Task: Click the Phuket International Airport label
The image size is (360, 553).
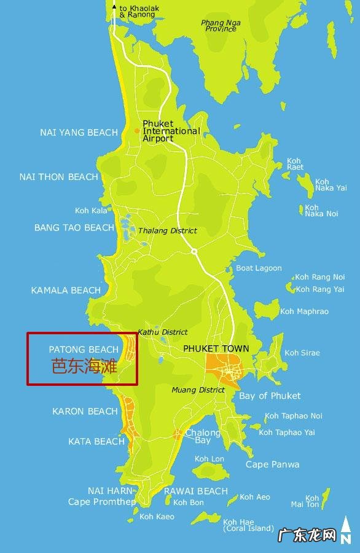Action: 171,131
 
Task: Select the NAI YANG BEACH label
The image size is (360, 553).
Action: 79,133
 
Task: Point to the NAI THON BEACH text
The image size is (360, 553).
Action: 58,177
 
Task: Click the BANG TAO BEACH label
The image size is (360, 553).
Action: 74,228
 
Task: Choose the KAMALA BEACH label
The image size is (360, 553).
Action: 66,290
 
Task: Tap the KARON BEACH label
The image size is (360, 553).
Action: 85,411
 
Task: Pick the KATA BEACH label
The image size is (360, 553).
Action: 96,441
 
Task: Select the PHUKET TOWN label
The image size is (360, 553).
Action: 216,348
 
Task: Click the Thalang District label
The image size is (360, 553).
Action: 168,230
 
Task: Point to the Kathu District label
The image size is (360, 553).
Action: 163,332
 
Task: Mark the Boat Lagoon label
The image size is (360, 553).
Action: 259,268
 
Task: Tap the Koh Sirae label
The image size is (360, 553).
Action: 302,353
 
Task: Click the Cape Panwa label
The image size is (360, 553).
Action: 272,465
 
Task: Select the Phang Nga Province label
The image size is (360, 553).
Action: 221,26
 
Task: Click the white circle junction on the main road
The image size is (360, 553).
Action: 194,251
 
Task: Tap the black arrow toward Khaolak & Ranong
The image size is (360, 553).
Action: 114,7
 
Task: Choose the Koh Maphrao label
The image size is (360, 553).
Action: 304,312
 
